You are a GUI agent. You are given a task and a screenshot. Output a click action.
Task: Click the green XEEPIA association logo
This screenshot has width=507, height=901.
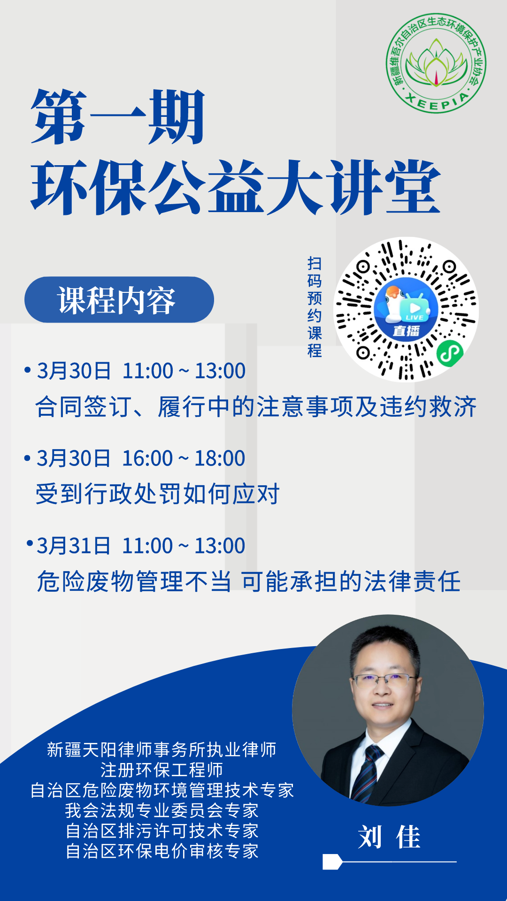pos(436,63)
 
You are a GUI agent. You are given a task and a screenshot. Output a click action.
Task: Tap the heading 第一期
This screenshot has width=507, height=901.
pos(118,117)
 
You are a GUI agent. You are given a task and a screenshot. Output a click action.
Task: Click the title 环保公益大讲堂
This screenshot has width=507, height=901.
pos(236,187)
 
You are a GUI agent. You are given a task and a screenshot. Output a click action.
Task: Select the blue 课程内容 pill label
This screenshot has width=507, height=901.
pos(119,299)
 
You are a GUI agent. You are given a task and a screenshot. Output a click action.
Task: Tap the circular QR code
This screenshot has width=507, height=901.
pos(406,309)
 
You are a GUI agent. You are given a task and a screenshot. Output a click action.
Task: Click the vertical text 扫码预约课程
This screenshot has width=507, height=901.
pos(315,307)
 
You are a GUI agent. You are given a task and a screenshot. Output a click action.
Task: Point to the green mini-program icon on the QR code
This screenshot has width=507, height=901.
pos(450,353)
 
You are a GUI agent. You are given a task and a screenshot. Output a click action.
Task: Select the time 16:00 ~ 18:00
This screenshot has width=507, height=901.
pos(184,458)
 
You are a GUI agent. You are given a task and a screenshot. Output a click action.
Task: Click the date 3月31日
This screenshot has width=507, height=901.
pos(74,546)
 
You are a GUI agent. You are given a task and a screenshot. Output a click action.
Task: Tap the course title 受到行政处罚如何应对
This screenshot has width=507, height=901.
pos(158,494)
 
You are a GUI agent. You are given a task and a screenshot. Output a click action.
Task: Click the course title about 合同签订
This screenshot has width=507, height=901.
pos(256,406)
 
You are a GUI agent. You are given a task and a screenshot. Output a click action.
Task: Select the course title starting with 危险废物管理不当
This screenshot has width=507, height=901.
pos(249,581)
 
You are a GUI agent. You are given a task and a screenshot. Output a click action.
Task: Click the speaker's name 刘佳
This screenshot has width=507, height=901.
pos(389,837)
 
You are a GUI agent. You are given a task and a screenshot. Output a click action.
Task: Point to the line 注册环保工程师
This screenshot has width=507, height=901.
pos(162,770)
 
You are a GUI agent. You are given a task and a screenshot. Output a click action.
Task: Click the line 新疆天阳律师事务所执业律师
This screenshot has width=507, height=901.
pos(162,749)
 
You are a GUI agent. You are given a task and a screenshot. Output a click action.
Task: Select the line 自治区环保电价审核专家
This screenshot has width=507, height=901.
pos(162,851)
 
